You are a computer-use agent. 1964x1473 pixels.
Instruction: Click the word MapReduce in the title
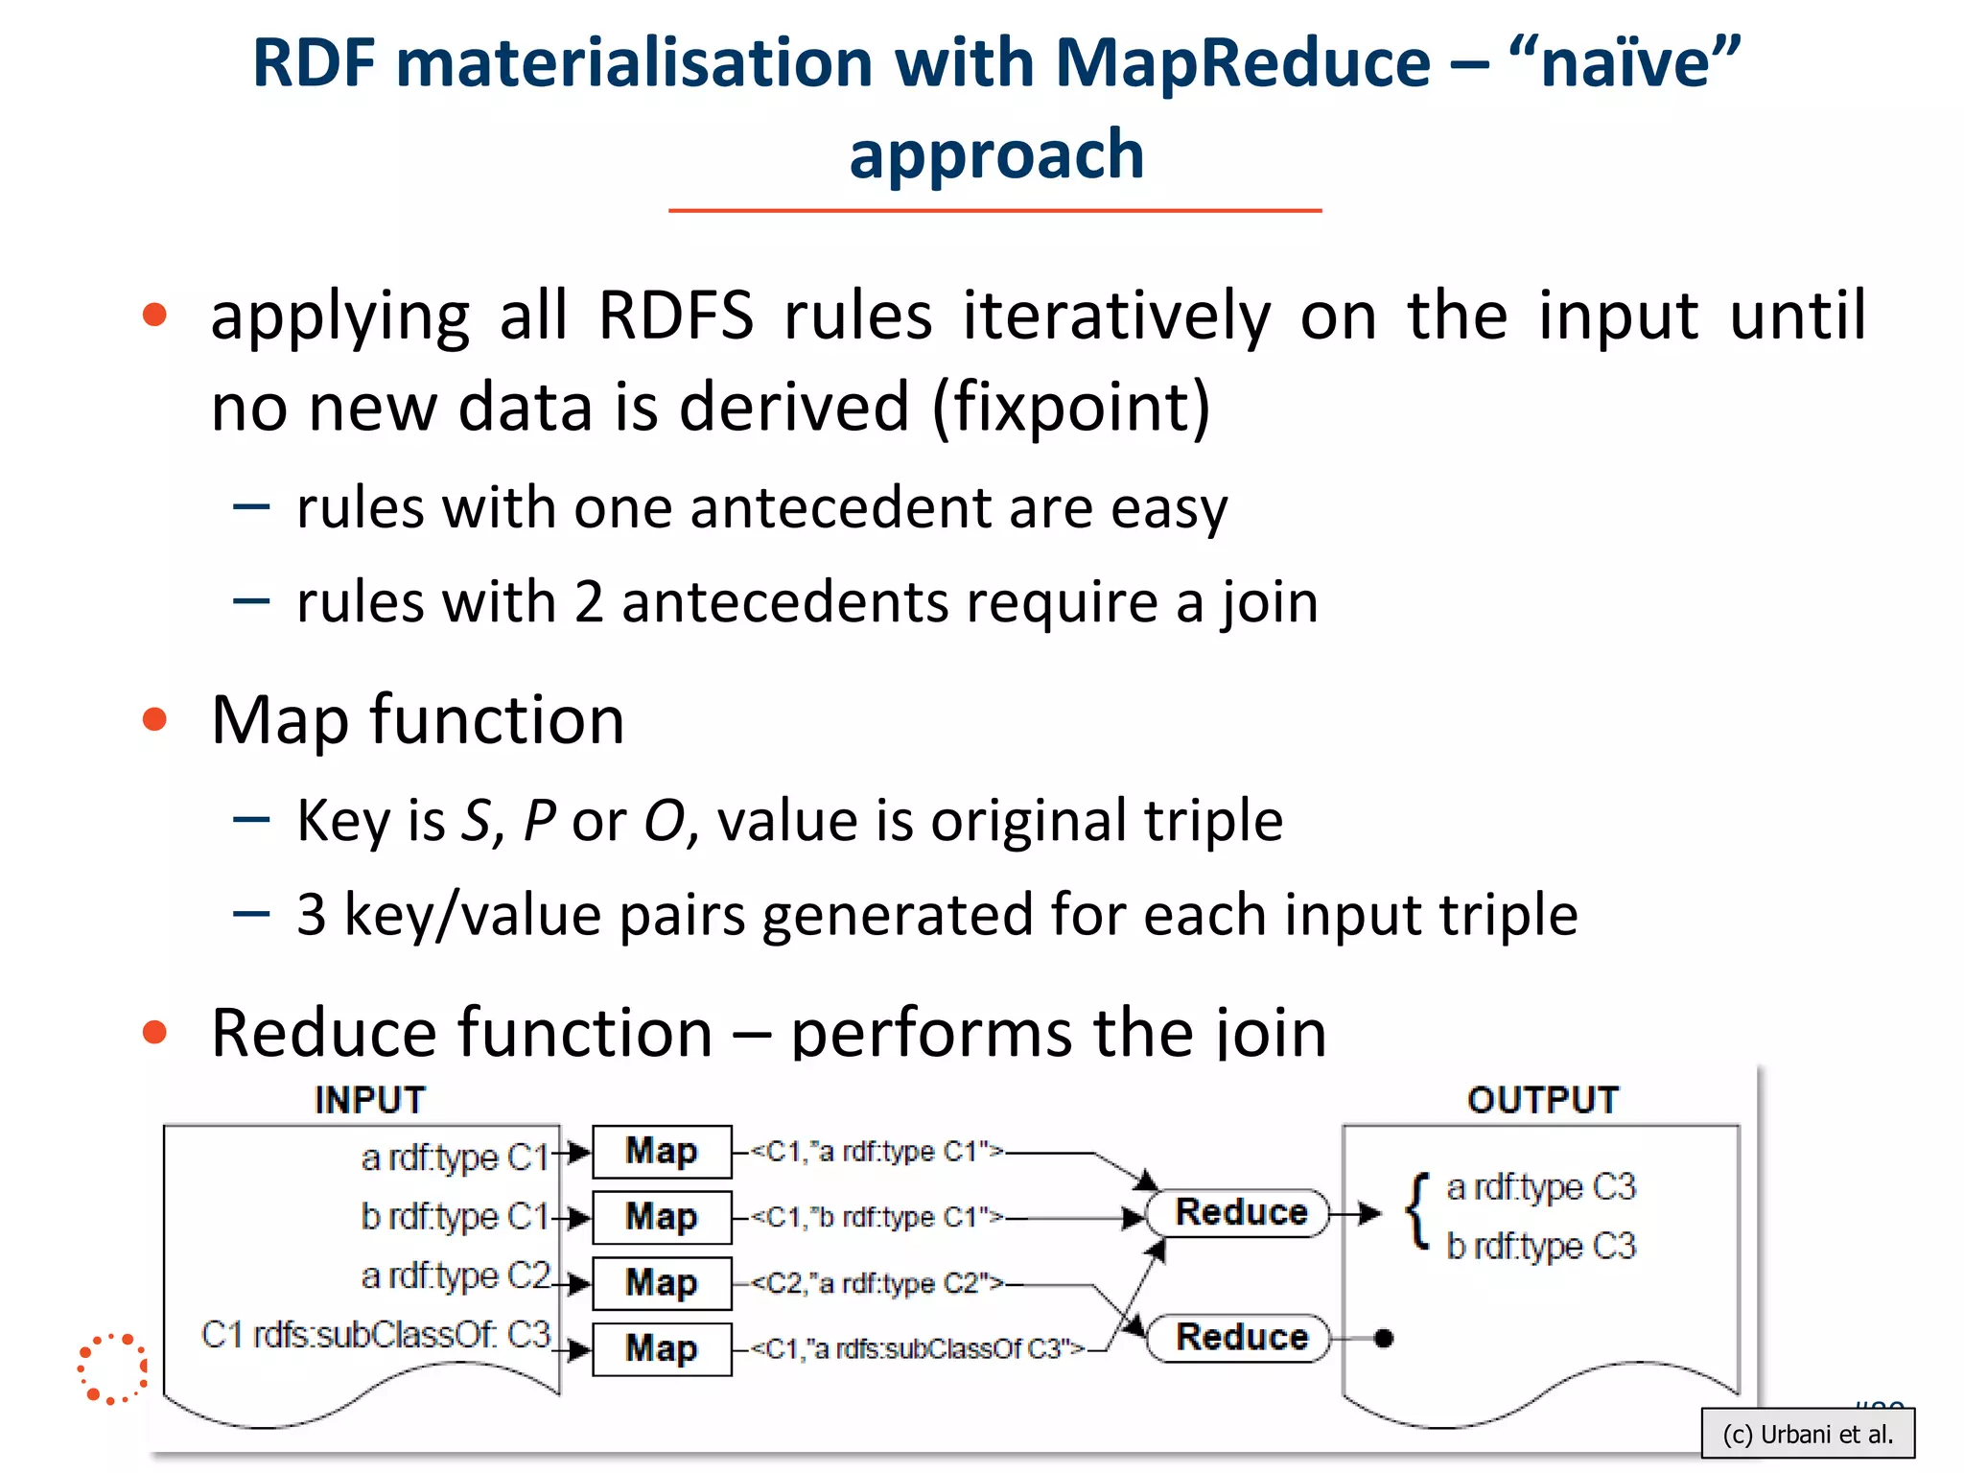pos(1243,63)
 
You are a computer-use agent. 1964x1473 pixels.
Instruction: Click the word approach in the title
pos(996,155)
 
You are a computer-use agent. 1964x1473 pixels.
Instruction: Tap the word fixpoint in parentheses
pos(1071,407)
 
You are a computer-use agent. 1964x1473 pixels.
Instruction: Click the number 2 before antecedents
pos(588,602)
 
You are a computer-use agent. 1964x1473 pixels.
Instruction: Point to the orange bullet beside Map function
pos(154,719)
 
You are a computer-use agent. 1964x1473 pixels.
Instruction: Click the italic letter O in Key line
pos(665,821)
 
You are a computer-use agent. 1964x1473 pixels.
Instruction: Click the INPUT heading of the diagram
pos(370,1100)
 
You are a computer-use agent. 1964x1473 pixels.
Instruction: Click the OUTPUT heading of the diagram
pos(1543,1100)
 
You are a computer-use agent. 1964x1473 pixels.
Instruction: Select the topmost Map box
pos(662,1152)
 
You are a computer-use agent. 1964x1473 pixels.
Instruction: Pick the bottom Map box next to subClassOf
pos(662,1348)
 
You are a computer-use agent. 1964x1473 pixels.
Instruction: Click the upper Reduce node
pos(1240,1213)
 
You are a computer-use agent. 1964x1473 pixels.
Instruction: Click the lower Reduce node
pos(1240,1337)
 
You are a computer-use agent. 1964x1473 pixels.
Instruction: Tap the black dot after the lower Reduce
pos(1383,1338)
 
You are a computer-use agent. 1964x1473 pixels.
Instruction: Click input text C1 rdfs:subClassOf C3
pos(376,1335)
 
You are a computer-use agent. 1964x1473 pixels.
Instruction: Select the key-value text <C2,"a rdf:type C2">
pos(876,1283)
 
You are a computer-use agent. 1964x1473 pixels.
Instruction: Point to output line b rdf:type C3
pos(1540,1247)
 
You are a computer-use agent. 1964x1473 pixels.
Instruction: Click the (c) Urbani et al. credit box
pos(1807,1435)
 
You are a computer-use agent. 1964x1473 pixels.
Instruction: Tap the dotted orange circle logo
pos(113,1368)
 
